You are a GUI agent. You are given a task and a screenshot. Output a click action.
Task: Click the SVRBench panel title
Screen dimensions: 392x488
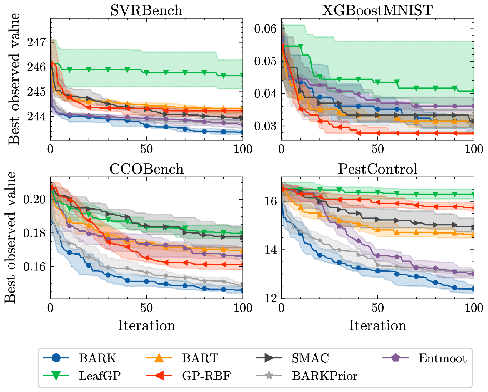coord(146,11)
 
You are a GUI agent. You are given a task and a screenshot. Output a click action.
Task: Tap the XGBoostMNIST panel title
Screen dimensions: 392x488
coord(377,11)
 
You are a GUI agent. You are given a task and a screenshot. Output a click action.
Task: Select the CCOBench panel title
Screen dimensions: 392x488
coord(146,169)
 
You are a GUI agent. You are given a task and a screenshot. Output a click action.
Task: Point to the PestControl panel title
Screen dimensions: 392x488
coord(377,169)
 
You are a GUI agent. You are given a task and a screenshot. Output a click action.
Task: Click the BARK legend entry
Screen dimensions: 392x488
coord(97,358)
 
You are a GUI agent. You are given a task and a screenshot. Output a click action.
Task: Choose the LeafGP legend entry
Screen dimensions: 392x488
coord(100,376)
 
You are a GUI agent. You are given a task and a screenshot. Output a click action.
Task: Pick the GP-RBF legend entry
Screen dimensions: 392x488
coord(206,376)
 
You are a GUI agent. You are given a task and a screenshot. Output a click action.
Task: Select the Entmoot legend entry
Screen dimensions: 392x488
coord(442,358)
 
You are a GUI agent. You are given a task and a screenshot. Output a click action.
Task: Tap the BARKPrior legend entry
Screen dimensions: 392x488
coord(324,376)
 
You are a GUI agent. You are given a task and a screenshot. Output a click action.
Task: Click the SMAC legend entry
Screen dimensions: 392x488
coord(310,358)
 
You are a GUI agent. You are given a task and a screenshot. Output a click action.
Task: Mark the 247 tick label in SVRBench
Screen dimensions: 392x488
coord(36,42)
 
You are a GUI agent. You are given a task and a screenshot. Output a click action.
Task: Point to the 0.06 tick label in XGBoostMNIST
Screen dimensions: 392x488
coord(265,29)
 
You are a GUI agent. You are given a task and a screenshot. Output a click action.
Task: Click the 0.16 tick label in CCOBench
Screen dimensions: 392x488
coord(34,267)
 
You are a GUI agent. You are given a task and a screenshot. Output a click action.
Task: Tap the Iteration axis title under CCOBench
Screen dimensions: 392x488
coord(146,325)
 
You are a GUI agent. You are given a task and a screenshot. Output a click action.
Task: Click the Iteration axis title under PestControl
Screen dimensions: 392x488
coord(377,325)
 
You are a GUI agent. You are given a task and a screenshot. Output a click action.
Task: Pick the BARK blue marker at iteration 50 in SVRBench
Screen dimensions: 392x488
coord(146,126)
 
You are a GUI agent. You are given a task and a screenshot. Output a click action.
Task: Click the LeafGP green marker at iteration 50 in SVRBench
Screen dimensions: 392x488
coord(146,72)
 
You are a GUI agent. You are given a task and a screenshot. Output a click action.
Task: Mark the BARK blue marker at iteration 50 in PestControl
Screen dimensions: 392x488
coord(378,271)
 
